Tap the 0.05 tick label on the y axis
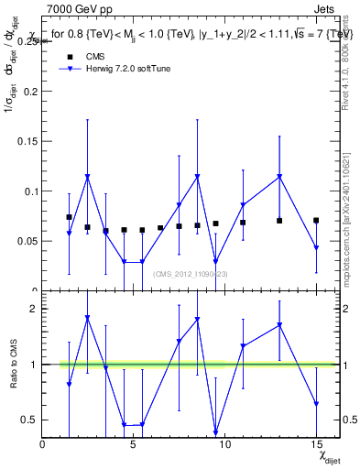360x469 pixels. tap(27, 242)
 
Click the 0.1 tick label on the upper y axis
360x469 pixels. tap(31, 191)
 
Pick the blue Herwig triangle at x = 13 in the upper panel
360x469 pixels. tap(279, 177)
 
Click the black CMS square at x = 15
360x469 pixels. tap(316, 221)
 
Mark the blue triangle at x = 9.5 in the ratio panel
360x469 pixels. tap(215, 432)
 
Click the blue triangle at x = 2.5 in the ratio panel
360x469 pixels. tap(87, 318)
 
